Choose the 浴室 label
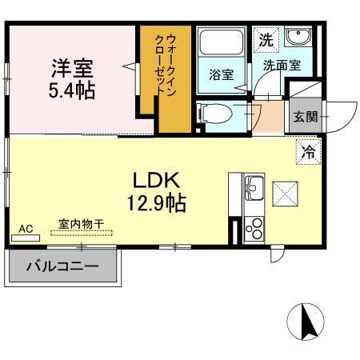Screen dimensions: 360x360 click(x=221, y=76)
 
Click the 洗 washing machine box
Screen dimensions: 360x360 click(x=265, y=38)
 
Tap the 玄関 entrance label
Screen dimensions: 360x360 click(x=305, y=117)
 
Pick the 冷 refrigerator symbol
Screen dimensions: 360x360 click(x=308, y=150)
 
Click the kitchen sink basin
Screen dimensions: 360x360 click(x=253, y=190)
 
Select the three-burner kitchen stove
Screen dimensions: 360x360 click(x=254, y=228)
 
